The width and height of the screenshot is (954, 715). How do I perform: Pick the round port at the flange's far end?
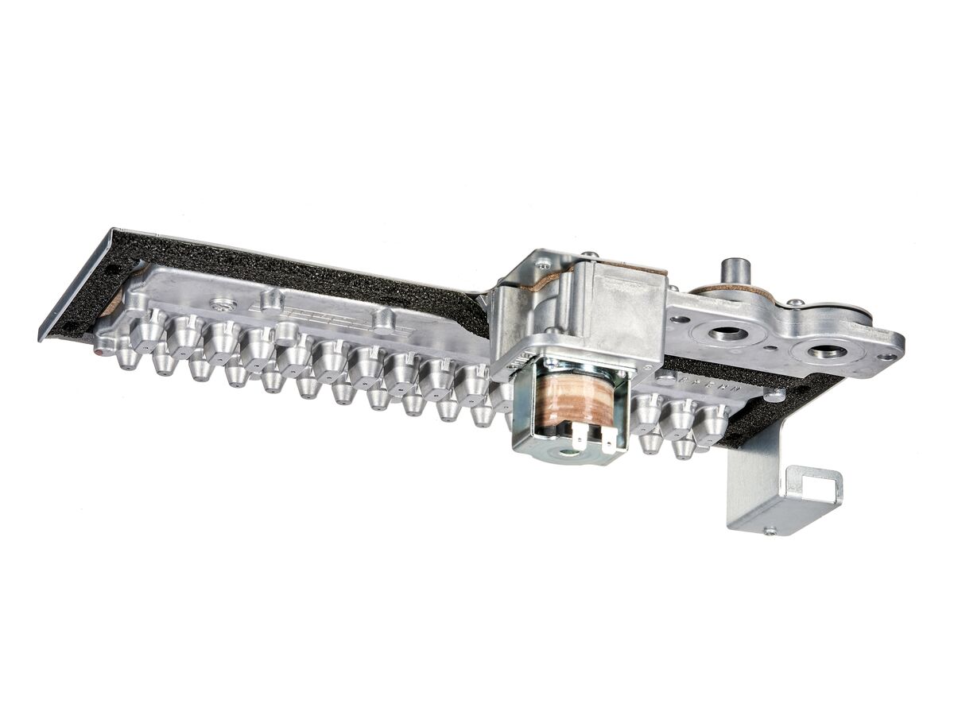click(827, 350)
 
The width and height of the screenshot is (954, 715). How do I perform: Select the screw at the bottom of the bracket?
click(769, 531)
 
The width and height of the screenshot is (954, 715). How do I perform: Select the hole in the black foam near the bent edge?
click(115, 269)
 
